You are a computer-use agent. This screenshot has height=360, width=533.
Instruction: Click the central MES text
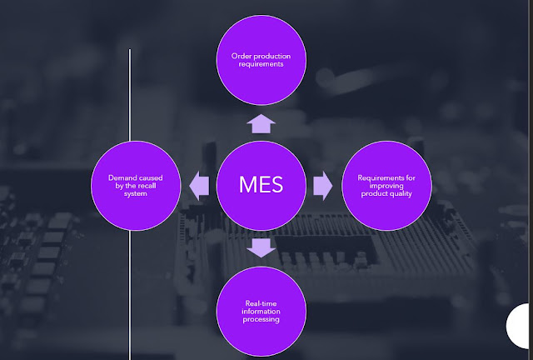coord(261,184)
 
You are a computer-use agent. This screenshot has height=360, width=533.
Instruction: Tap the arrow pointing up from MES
coord(261,124)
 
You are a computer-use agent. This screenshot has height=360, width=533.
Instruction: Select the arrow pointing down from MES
coord(261,246)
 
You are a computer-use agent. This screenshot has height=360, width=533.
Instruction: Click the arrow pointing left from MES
coord(199,185)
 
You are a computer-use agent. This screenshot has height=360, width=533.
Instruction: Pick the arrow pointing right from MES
coord(322,185)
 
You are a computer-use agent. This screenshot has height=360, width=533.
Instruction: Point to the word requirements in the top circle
coord(261,64)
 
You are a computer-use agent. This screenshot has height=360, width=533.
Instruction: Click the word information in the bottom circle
coord(262,312)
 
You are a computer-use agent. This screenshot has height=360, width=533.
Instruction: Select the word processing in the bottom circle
coord(262,319)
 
